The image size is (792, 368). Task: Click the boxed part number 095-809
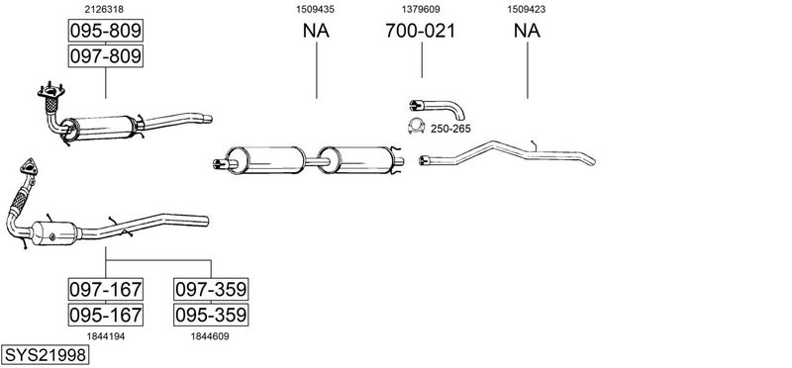(106, 31)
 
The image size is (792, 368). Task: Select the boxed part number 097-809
(106, 55)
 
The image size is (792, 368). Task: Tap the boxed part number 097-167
(106, 289)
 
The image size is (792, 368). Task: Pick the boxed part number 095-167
(106, 315)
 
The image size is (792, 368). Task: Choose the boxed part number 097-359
(211, 289)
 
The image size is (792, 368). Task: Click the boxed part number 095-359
(211, 315)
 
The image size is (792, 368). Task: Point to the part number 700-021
(420, 31)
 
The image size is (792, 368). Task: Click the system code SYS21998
(45, 355)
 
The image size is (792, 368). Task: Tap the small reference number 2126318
(104, 9)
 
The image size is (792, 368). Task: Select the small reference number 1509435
(315, 9)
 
